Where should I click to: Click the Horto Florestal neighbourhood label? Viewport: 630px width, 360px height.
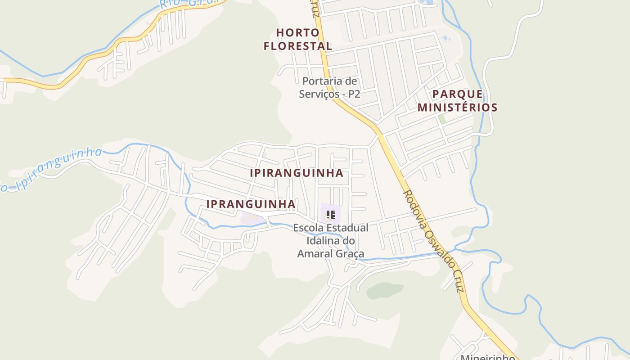point(298,39)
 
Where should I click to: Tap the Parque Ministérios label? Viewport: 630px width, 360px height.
point(458,101)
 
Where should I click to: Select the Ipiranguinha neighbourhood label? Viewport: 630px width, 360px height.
point(297,173)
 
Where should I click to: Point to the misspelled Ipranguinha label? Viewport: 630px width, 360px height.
point(251,204)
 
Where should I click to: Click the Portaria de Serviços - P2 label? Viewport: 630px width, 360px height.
point(330,88)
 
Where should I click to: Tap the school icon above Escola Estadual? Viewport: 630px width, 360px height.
point(331,215)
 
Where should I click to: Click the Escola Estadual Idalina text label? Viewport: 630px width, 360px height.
point(331,241)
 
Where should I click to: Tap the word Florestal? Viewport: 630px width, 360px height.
point(298,46)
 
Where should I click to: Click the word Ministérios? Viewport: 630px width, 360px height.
point(458,108)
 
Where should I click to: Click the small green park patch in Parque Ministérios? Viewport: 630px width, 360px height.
point(442,119)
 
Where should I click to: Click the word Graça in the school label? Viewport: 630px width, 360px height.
point(350,254)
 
